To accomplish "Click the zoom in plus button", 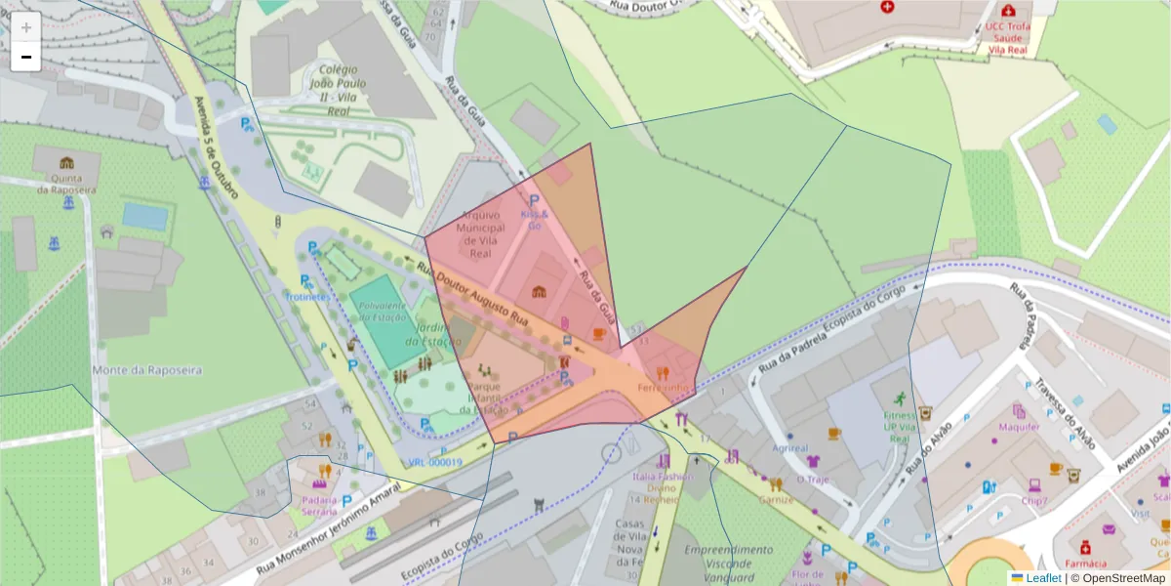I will (26, 27).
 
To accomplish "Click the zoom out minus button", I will (26, 57).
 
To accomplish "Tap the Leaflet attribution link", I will (1042, 578).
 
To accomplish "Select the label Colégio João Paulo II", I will (333, 90).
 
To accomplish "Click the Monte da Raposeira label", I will (146, 370).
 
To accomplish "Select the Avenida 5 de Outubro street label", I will (216, 147).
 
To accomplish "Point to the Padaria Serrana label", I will (319, 505).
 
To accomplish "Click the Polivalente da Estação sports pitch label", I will (382, 311).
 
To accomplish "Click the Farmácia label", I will (1086, 564).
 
